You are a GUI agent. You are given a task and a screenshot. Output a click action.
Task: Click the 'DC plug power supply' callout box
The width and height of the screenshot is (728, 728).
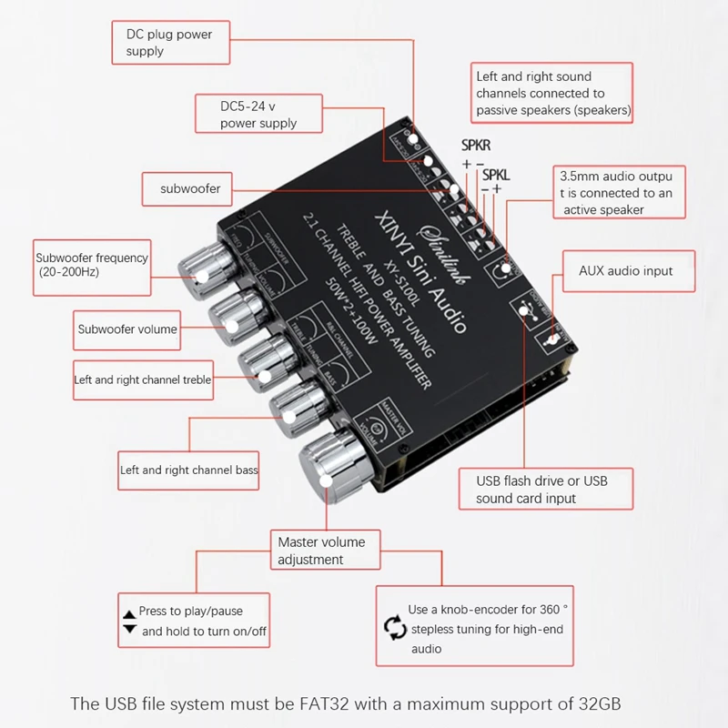tap(170, 43)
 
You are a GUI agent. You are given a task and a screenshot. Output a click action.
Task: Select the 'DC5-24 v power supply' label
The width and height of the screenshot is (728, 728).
tap(259, 115)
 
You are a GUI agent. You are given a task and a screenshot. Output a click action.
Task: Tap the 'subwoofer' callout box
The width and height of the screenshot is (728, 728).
tap(191, 189)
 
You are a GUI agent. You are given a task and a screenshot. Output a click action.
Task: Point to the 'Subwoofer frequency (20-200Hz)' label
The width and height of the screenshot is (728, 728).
tap(91, 265)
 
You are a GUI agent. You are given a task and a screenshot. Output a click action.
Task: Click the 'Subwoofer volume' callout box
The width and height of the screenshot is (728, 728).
tap(127, 329)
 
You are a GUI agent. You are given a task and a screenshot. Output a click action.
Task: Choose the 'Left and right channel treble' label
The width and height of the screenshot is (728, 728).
tap(143, 379)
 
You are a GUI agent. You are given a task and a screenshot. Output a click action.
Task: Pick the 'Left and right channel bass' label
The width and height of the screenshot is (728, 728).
tap(189, 470)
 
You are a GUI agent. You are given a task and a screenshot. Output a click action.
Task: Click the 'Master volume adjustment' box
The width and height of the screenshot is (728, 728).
tap(321, 551)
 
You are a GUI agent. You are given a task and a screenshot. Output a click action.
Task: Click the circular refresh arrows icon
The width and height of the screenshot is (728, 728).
tap(394, 627)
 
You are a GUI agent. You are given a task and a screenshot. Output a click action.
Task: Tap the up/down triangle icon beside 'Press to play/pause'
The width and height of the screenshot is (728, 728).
tap(128, 620)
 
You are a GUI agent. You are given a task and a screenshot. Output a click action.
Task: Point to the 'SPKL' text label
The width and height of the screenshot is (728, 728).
tap(497, 174)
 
